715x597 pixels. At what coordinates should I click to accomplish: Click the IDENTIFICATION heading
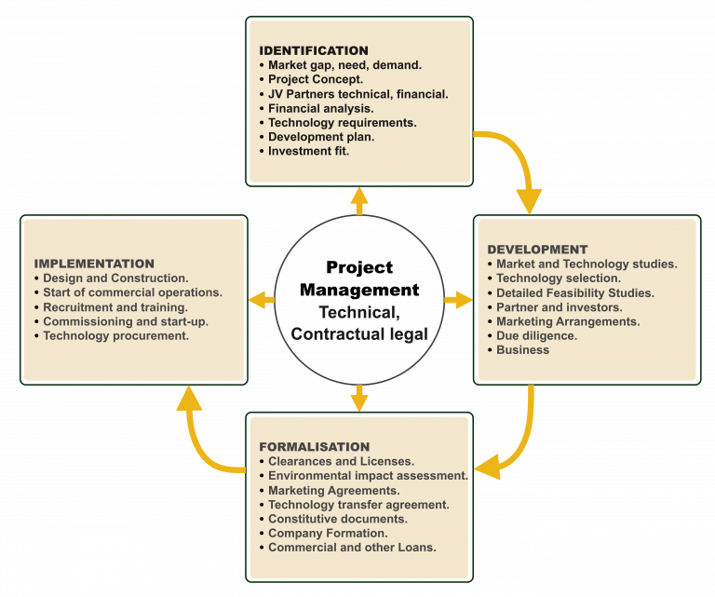coord(313,50)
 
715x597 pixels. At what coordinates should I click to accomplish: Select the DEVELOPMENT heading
coord(537,250)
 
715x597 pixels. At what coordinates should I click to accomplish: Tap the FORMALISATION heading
coord(314,447)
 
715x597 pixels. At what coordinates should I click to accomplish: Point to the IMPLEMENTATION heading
coord(94,264)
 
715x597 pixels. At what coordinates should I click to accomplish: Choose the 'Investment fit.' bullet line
coord(308,151)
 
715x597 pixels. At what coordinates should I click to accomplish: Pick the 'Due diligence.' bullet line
coord(536,335)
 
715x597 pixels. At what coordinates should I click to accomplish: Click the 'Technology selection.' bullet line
coord(558,278)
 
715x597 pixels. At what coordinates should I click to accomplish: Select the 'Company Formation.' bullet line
coord(328,533)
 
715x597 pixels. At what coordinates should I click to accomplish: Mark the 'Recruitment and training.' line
coord(115,306)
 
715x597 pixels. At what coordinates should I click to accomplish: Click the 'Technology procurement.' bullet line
coord(115,335)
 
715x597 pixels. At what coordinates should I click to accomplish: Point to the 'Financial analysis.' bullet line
coord(321,108)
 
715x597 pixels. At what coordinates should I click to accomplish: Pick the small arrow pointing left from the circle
coord(262,300)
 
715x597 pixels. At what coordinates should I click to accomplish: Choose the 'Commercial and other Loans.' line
coord(352,547)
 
